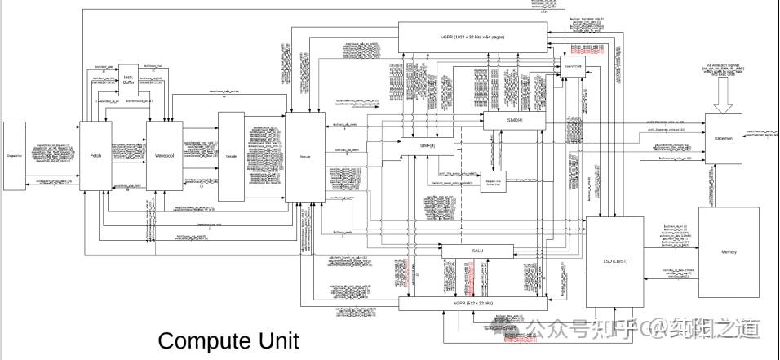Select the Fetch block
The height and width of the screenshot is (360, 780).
pos(95,155)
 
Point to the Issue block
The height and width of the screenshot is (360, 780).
pos(305,157)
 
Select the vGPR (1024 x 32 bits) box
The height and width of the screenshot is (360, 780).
pos(472,37)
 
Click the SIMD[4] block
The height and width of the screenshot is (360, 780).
pos(513,121)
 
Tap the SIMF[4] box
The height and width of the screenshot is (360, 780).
pos(427,145)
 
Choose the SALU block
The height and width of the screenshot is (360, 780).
pos(477,251)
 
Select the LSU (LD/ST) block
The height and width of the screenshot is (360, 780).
pos(614,261)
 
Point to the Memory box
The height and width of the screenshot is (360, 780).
pos(729,251)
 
